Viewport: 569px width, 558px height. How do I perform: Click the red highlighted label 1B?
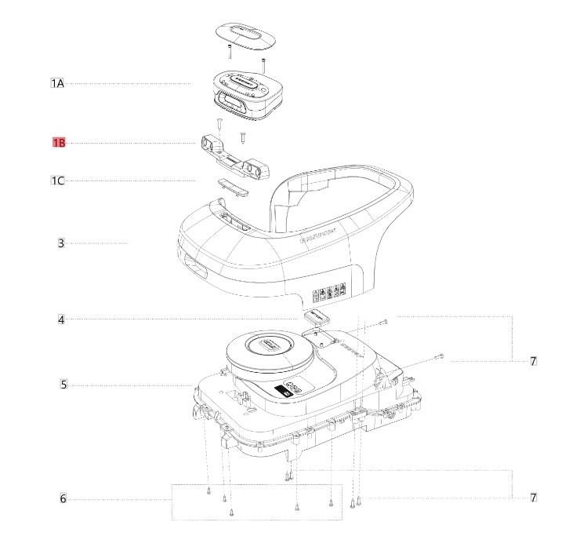(58, 143)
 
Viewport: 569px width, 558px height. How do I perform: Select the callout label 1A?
(57, 83)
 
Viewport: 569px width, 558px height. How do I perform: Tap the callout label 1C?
(57, 181)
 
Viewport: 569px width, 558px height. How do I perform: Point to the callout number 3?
(60, 243)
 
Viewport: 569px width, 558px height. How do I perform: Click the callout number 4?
(60, 319)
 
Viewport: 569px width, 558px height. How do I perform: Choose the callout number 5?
(63, 385)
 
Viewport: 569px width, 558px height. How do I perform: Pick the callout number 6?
(63, 499)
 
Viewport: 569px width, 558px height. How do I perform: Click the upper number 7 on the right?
(533, 362)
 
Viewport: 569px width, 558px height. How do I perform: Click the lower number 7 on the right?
(533, 498)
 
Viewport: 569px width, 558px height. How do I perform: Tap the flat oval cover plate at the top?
(244, 35)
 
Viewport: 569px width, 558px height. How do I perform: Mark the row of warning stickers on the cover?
(330, 294)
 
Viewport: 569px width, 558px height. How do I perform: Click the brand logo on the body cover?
(319, 235)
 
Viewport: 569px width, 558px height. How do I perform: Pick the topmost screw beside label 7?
(385, 322)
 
